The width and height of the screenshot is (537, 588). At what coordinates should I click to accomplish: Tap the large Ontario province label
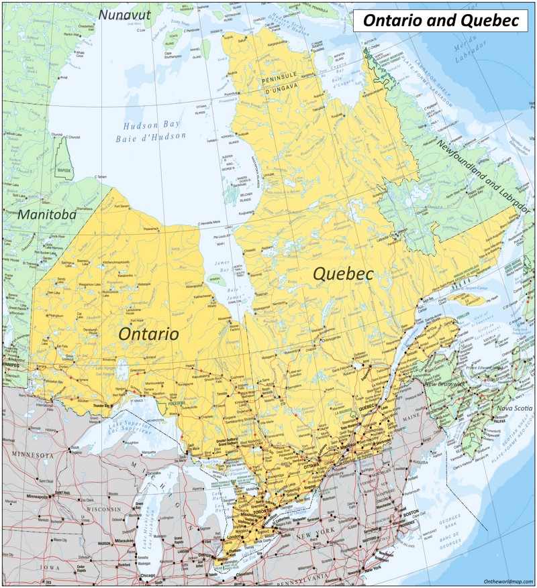coord(148,333)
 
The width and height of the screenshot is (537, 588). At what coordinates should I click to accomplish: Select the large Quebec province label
coord(343,274)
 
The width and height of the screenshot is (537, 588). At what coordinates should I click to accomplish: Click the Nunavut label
coord(124,14)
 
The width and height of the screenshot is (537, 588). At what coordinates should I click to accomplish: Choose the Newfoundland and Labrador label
coord(483,176)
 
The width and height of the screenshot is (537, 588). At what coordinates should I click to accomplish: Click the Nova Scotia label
coord(514,408)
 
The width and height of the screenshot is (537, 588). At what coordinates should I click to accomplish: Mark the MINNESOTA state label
coord(31,455)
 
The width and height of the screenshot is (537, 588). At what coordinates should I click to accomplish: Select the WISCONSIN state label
coord(101,510)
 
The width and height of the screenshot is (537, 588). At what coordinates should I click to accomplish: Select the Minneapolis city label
coord(38,497)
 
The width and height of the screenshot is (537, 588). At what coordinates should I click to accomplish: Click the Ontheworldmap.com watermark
coord(507,581)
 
